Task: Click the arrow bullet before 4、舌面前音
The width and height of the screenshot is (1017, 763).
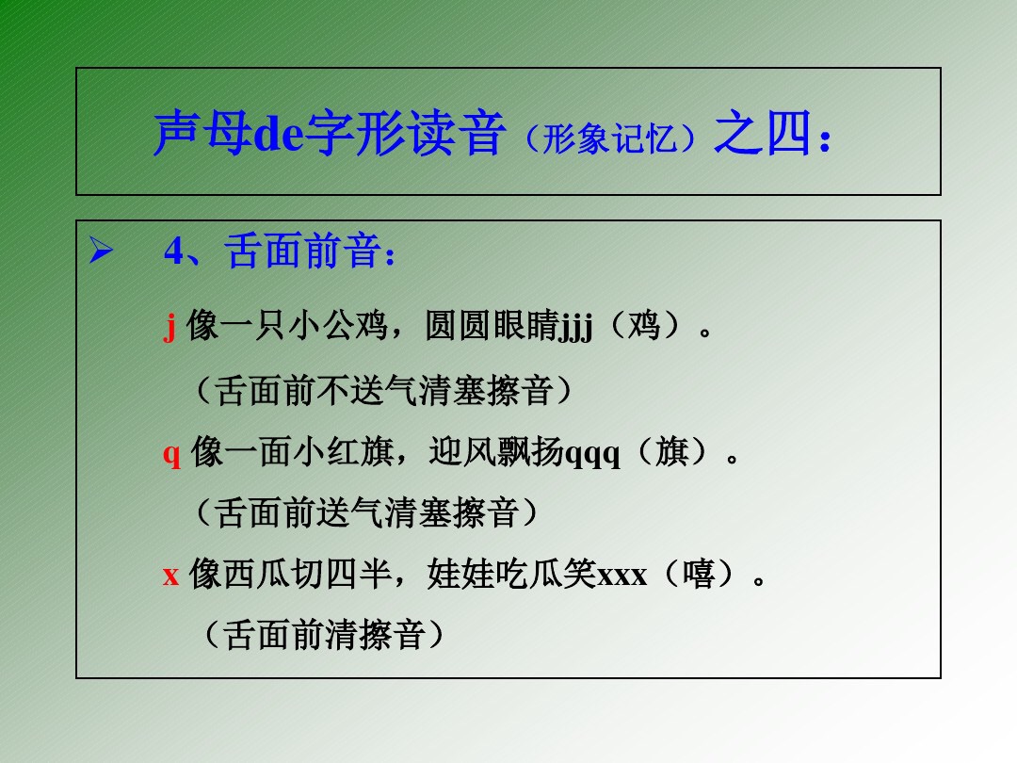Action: (x=100, y=252)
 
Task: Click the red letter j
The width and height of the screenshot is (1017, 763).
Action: (x=170, y=328)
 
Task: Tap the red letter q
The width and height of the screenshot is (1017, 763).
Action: (x=171, y=454)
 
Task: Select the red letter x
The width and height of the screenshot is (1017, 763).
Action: (x=170, y=574)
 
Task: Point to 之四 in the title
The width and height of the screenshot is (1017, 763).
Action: (x=763, y=133)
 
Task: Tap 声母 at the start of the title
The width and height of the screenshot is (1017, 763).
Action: (x=202, y=133)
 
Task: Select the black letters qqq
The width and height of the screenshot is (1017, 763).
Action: (x=592, y=454)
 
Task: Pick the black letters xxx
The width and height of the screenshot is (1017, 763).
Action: (x=622, y=574)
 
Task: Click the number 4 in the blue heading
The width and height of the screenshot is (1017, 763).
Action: (x=174, y=252)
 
